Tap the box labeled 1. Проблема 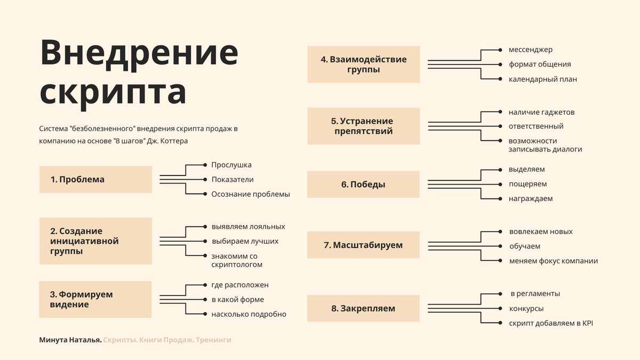95,180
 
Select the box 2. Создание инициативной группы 95,241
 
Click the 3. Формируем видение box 95,300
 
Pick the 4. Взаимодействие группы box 363,65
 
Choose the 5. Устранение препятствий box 363,126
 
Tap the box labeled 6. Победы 363,185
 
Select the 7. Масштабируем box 363,245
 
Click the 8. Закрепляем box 363,308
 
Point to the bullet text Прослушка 231,165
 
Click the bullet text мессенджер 530,50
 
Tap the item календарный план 542,79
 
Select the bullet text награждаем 530,199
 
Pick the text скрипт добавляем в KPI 551,323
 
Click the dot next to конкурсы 500,308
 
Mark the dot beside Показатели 205,180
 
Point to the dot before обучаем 500,246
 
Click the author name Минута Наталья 70,340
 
